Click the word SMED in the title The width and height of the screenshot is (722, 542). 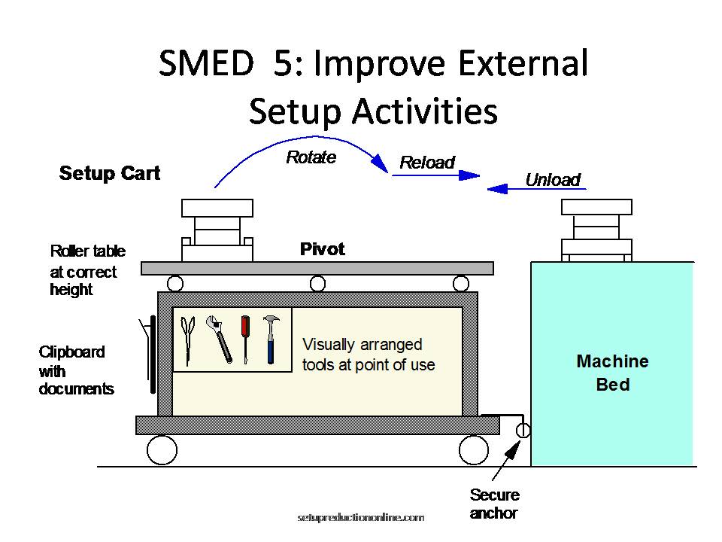[x=205, y=63]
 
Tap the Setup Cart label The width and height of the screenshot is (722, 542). [x=110, y=173]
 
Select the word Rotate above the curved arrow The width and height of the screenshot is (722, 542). [x=311, y=158]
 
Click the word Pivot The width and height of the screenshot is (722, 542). [x=322, y=249]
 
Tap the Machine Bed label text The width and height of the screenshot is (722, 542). [x=612, y=373]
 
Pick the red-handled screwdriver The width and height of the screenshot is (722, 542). [x=244, y=338]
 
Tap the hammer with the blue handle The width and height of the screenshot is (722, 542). [x=270, y=338]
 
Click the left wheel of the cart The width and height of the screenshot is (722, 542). [x=162, y=450]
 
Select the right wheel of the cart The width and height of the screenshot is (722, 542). [x=473, y=450]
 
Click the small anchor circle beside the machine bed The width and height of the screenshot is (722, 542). [x=523, y=431]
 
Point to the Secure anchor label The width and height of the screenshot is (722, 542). [x=494, y=504]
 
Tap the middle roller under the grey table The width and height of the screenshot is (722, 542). [x=318, y=284]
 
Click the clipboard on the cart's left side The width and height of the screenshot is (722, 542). [x=153, y=354]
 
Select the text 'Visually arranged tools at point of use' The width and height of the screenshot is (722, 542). [x=369, y=355]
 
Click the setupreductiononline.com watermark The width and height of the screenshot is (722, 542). [x=361, y=518]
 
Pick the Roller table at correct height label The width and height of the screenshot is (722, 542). [x=87, y=270]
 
